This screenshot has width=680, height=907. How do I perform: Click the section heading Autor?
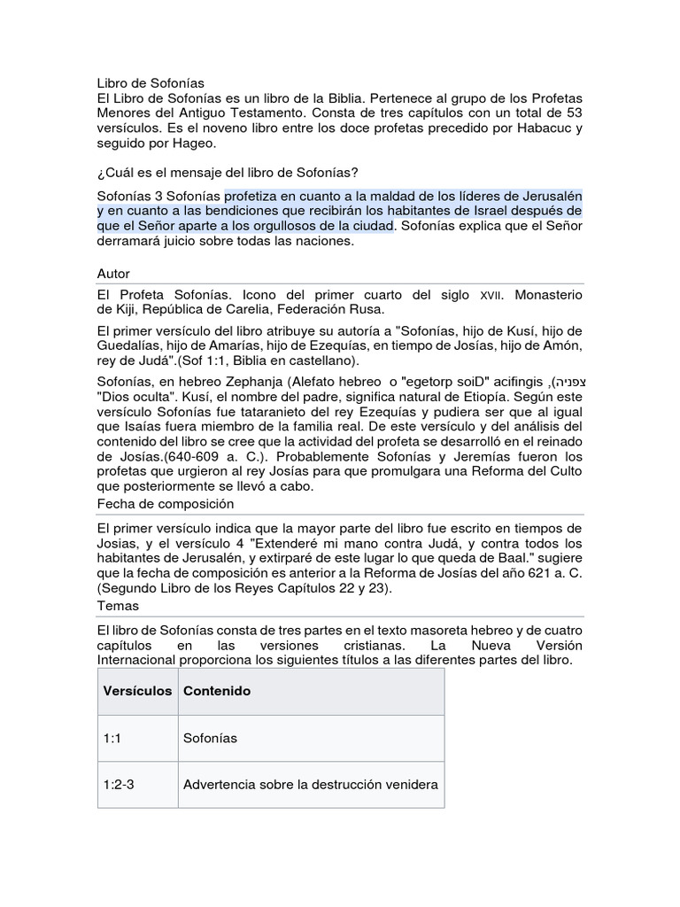point(113,274)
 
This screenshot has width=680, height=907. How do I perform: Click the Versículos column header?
point(137,691)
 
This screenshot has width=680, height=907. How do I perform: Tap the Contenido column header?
point(216,691)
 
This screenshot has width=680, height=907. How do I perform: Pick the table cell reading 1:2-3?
point(119,785)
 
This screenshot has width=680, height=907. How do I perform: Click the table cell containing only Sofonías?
point(210,738)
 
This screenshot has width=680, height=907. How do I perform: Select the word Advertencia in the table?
point(220,785)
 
